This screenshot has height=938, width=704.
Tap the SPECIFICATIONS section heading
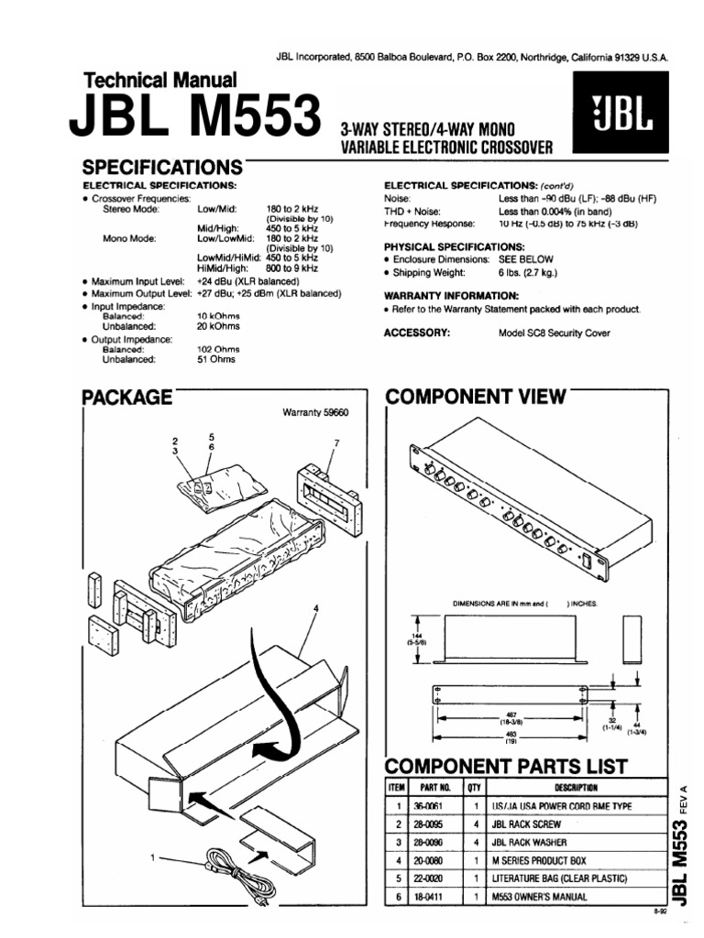click(x=161, y=168)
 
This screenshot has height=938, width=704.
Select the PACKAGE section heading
click(x=126, y=397)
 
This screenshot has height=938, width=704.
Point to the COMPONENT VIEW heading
click(x=475, y=397)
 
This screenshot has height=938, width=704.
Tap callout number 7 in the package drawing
click(x=336, y=443)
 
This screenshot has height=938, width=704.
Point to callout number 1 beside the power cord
click(x=152, y=857)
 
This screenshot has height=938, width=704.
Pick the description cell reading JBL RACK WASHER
click(x=529, y=842)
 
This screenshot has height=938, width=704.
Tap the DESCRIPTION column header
click(x=575, y=787)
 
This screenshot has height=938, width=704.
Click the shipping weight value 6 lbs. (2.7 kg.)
click(x=528, y=273)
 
